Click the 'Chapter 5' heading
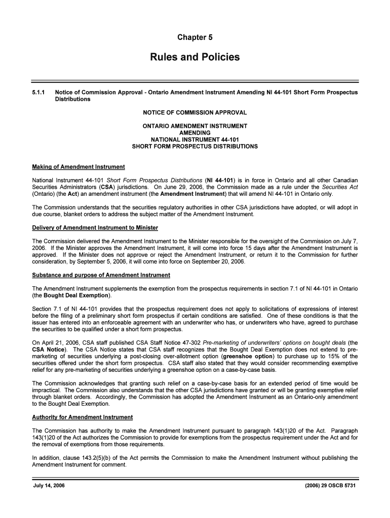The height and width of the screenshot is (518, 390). pyautogui.click(x=195, y=37)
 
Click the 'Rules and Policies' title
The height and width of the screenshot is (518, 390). pyautogui.click(x=195, y=57)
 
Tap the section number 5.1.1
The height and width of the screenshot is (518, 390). pyautogui.click(x=38, y=93)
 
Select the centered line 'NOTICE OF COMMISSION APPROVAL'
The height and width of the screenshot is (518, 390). pyautogui.click(x=195, y=112)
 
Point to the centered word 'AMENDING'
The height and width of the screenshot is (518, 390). pyautogui.click(x=195, y=133)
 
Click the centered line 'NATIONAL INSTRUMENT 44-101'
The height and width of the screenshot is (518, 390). pyautogui.click(x=195, y=140)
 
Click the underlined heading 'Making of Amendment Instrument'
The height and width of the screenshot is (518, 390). pyautogui.click(x=79, y=167)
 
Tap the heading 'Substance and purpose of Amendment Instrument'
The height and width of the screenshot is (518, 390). pyautogui.click(x=101, y=275)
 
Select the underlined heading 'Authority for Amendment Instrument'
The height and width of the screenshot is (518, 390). pyautogui.click(x=83, y=417)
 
